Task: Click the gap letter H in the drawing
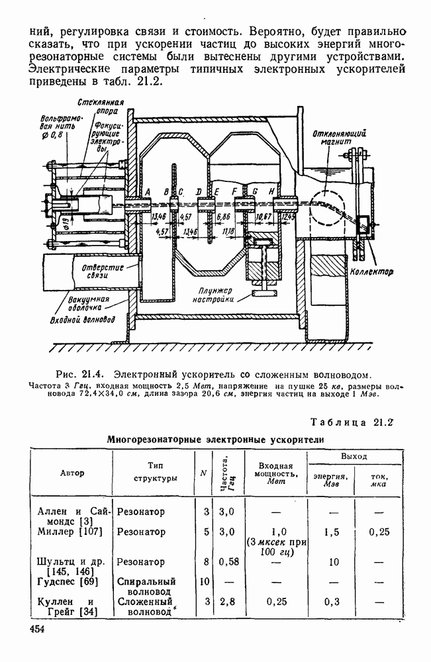tap(272, 191)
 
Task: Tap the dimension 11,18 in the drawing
tap(229, 231)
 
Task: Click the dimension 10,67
tap(263, 216)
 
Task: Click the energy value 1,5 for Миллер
tap(332, 532)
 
